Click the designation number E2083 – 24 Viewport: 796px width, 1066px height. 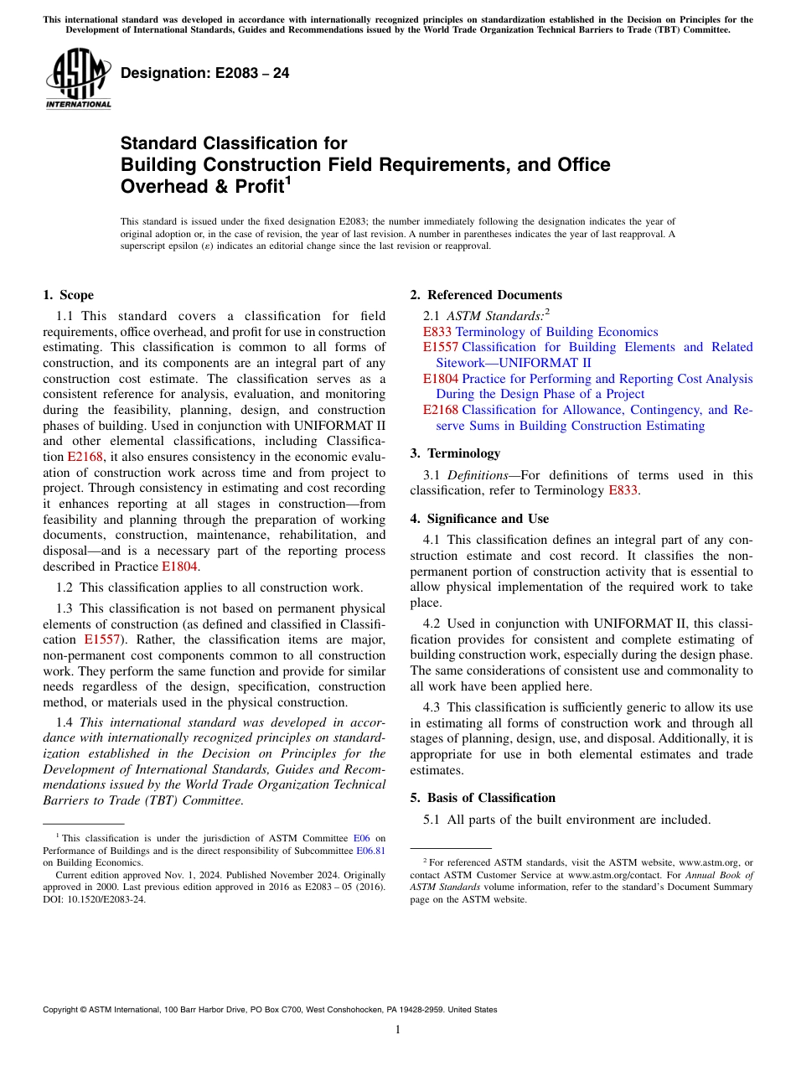point(205,74)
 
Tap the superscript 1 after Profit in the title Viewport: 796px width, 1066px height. point(287,179)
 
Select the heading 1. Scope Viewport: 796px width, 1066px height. point(69,295)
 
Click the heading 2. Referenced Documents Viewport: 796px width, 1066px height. point(486,295)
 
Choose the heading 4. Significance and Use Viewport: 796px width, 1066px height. point(479,519)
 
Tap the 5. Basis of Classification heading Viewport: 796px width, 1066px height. point(483,798)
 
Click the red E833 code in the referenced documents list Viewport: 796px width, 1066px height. point(437,332)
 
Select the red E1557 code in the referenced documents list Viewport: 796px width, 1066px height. point(441,347)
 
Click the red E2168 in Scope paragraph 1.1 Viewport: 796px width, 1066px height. point(85,457)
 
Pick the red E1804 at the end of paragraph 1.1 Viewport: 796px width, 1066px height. point(180,567)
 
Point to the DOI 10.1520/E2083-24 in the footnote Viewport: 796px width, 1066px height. point(99,900)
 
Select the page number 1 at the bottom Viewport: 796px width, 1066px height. point(397,1030)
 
